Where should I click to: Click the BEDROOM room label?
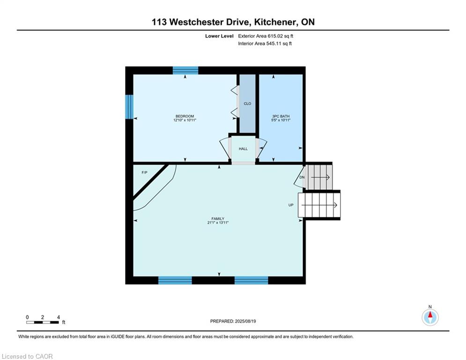[x=185, y=116]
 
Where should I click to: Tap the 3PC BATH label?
[x=281, y=116]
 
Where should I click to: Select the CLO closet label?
[x=247, y=104]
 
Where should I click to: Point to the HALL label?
[x=243, y=149]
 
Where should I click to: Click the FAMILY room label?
[x=218, y=219]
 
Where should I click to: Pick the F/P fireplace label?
[x=144, y=172]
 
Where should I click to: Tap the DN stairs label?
[x=302, y=177]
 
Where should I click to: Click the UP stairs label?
[x=291, y=205]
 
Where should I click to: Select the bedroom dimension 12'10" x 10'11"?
[x=185, y=120]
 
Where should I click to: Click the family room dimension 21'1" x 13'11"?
[x=218, y=223]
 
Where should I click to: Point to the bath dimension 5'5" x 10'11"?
[x=281, y=120]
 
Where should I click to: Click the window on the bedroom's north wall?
[x=185, y=70]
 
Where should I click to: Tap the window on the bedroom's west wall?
[x=129, y=107]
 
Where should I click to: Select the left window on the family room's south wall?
[x=175, y=280]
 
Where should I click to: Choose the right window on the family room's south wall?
[x=251, y=280]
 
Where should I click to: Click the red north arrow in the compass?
[x=430, y=315]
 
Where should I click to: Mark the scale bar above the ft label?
[x=43, y=322]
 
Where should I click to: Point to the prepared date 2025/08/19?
[x=245, y=321]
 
